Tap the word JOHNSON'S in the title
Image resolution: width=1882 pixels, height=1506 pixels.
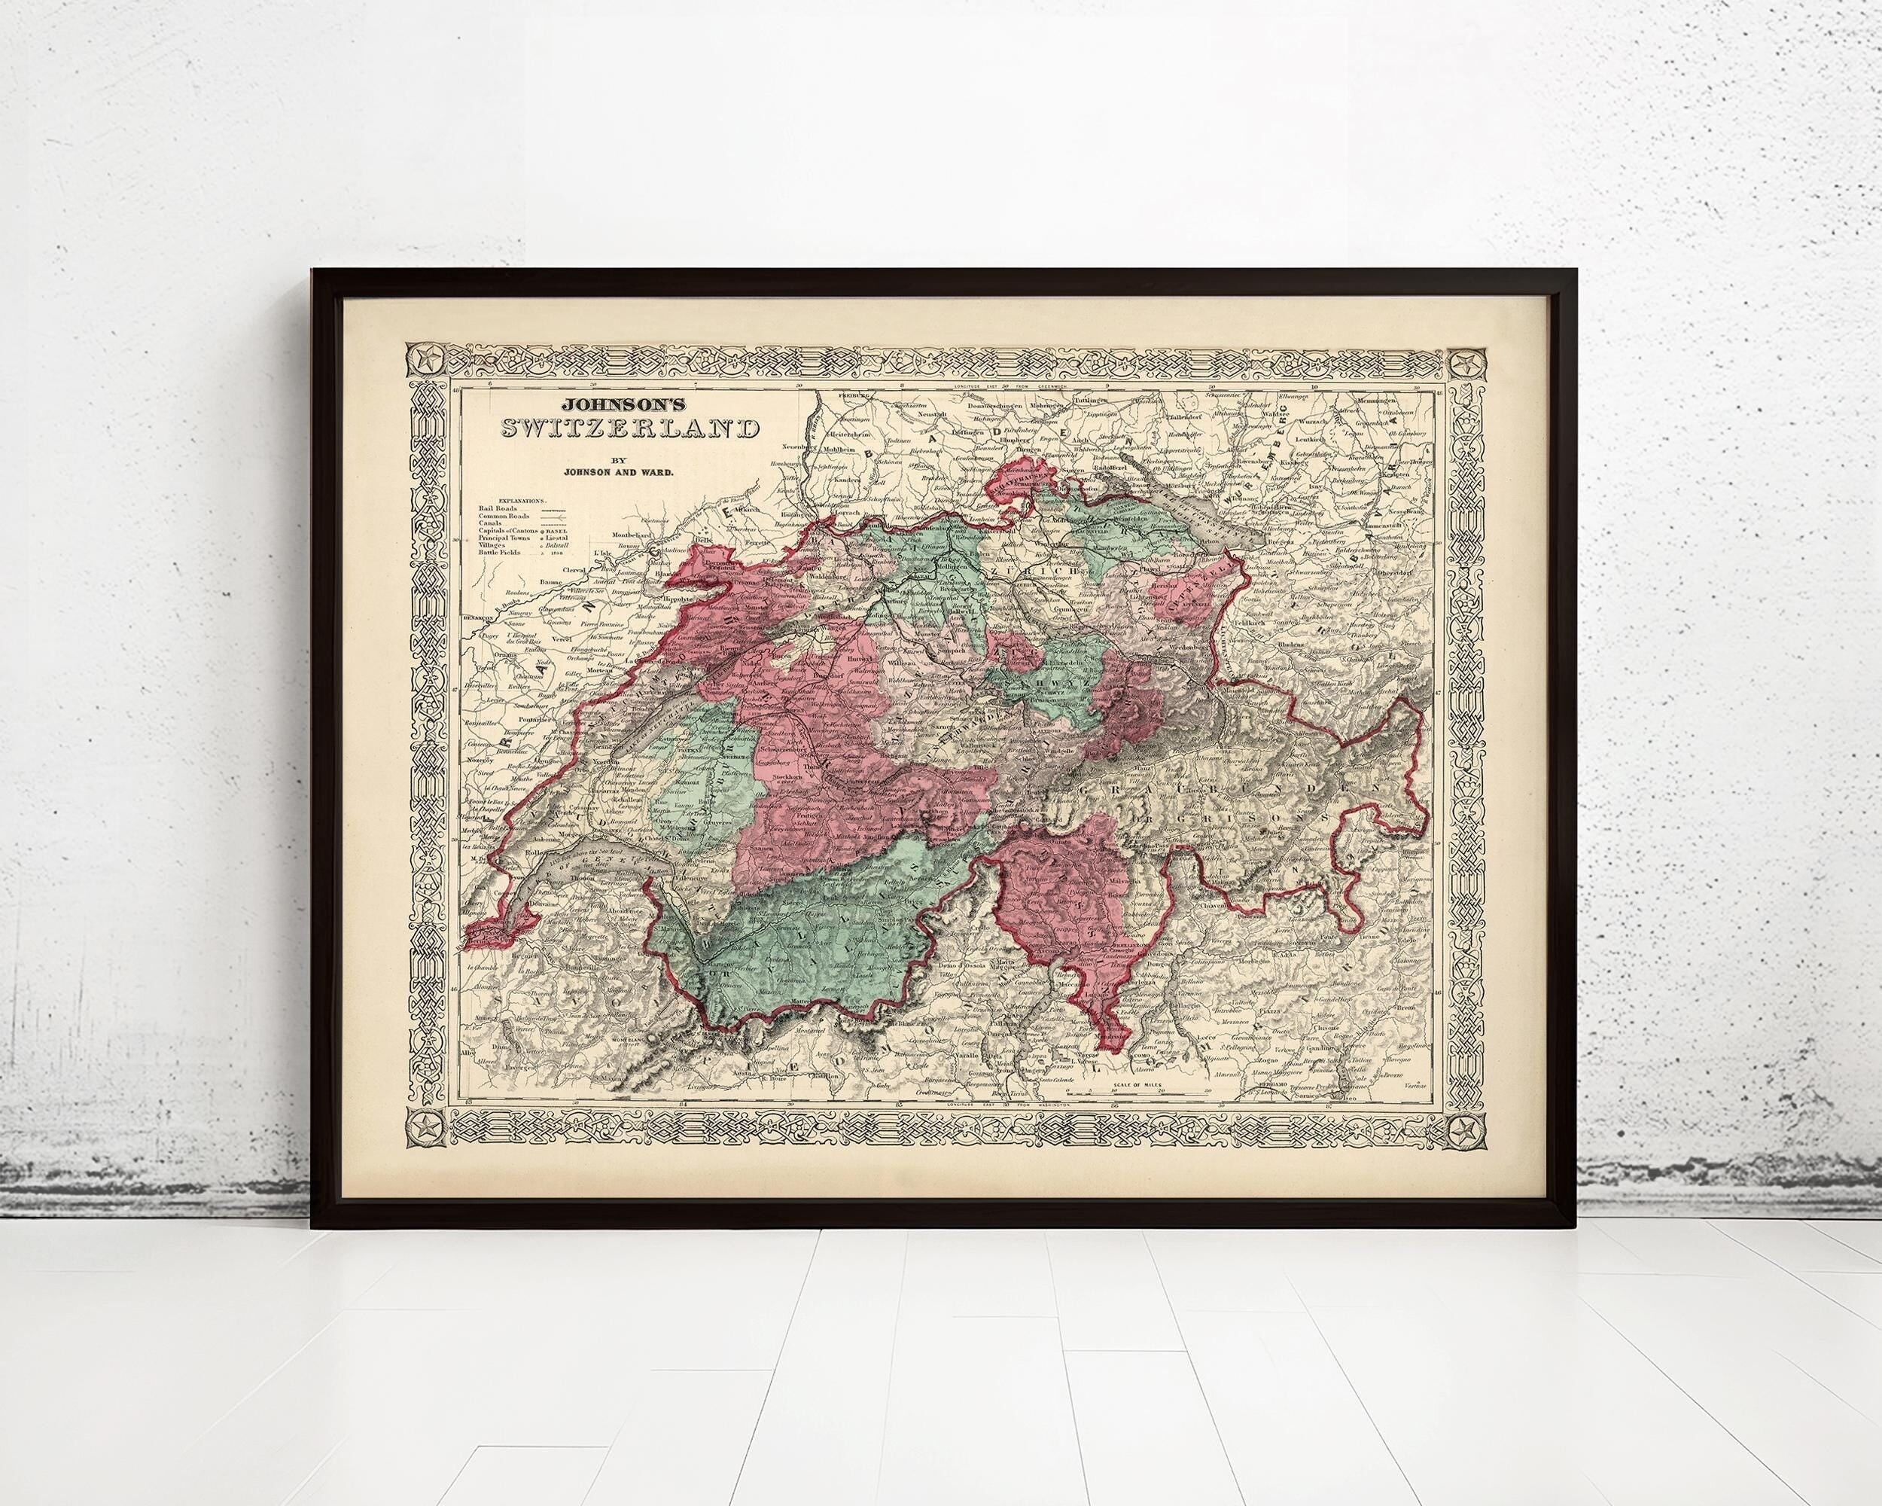pyautogui.click(x=618, y=406)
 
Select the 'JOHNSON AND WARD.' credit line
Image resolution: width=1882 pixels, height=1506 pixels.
pyautogui.click(x=620, y=472)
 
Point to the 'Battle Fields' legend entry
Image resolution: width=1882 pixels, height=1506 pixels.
pyautogui.click(x=504, y=552)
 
